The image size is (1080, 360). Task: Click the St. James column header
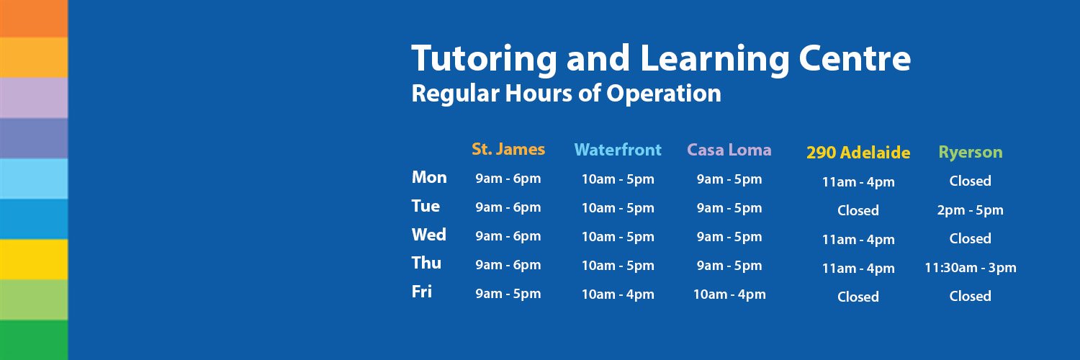[508, 150]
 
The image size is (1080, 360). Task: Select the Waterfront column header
[618, 150]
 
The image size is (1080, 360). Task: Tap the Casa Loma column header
[729, 150]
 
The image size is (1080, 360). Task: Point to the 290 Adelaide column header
[858, 153]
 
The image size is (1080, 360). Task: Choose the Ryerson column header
[970, 153]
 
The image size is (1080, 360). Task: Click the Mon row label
[429, 177]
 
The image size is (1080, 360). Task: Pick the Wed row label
[429, 235]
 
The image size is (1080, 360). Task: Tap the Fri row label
[422, 292]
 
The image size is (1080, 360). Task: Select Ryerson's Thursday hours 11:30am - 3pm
[971, 268]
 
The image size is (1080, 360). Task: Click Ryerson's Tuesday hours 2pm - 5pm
[971, 210]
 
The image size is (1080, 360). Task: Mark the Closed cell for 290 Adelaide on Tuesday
[858, 210]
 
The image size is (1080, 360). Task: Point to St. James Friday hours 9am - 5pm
[508, 294]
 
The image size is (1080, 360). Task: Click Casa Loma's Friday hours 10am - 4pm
[729, 294]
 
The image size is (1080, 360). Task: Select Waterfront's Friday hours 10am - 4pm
[618, 294]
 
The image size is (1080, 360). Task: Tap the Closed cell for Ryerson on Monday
[971, 181]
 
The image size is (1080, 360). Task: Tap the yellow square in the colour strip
[34, 259]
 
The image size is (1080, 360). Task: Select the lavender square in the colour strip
[34, 98]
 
